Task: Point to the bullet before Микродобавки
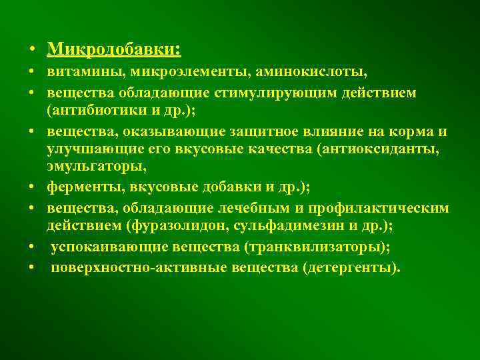click(x=32, y=51)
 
